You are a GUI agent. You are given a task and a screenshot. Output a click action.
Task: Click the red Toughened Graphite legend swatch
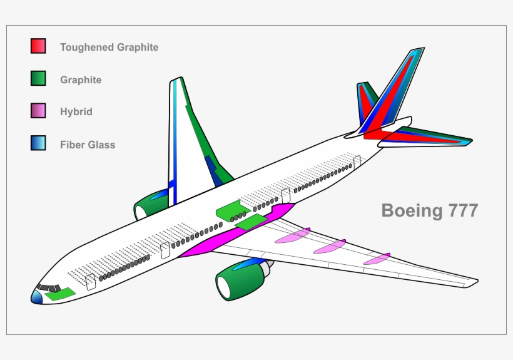38,46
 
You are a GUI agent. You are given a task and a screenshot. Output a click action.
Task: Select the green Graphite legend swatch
38,79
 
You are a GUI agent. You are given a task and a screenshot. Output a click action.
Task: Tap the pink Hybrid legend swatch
38,111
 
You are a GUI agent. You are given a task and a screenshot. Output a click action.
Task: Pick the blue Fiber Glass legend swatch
38,143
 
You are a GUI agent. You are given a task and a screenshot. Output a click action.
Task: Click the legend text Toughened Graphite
109,47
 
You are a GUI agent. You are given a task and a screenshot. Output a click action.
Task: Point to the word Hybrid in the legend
76,112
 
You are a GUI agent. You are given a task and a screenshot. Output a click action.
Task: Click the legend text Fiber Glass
88,145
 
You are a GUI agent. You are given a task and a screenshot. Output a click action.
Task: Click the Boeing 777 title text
430,210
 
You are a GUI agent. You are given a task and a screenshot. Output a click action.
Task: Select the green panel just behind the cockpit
61,294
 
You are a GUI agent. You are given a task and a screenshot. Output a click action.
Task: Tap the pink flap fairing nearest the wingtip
377,259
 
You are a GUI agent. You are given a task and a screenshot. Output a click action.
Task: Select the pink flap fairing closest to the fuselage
292,235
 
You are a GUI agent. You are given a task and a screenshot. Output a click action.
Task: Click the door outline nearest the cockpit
91,282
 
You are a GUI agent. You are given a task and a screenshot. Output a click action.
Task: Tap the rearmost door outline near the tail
357,162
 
